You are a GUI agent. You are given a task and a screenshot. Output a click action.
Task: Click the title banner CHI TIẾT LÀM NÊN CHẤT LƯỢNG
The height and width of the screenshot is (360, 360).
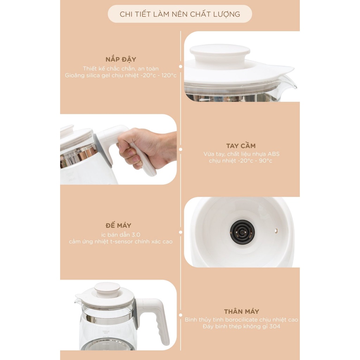(x=180, y=14)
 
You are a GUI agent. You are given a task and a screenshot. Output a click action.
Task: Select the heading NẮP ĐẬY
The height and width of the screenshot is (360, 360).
(x=121, y=59)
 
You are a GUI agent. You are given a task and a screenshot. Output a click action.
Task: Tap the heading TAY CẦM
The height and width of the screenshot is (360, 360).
(x=240, y=146)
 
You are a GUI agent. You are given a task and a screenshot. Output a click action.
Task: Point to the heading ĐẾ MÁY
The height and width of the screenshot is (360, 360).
(x=118, y=225)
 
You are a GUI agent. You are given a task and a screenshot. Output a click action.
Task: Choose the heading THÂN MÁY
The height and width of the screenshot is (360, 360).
(x=241, y=311)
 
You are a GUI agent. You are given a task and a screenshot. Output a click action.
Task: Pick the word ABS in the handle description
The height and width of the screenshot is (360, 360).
(x=274, y=154)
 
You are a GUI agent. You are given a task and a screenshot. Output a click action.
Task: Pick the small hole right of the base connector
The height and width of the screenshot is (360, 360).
(x=276, y=231)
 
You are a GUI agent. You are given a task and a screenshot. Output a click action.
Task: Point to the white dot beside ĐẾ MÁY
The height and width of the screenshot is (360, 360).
(x=180, y=232)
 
